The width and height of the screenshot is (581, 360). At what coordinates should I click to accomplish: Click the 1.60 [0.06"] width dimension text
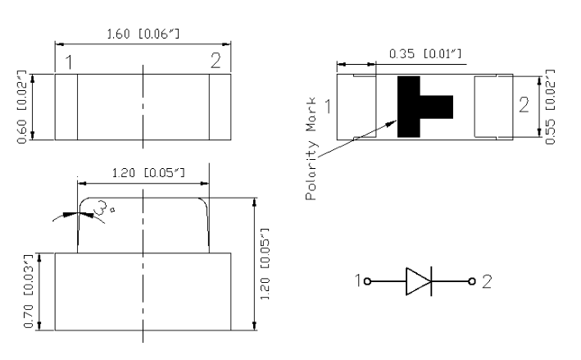tap(143, 34)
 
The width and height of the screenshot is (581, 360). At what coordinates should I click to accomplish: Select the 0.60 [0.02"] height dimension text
tap(22, 107)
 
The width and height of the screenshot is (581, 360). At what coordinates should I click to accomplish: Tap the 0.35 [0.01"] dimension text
tap(425, 54)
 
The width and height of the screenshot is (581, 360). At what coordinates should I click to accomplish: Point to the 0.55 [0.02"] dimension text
tap(550, 107)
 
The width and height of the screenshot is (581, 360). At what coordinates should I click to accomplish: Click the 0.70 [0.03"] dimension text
tap(29, 291)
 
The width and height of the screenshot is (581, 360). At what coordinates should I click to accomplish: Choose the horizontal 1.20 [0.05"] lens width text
tap(148, 172)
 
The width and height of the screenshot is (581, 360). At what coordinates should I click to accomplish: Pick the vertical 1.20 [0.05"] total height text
tap(265, 264)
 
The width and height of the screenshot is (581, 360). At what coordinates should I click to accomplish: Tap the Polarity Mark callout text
tap(311, 148)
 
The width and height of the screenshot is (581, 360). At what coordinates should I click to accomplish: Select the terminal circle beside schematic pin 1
tap(367, 281)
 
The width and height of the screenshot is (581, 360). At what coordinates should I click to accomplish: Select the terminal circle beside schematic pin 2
tap(472, 281)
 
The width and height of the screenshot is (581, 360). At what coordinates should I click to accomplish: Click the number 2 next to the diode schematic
tap(487, 282)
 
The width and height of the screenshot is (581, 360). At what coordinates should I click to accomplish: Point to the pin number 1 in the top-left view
tap(69, 62)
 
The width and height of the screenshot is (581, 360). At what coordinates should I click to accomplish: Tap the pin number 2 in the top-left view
tap(216, 61)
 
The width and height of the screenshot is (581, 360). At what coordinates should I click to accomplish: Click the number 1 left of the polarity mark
tap(328, 107)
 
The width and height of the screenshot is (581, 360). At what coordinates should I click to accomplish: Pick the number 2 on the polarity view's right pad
tap(524, 105)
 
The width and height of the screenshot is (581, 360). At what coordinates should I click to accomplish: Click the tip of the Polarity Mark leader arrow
tap(397, 121)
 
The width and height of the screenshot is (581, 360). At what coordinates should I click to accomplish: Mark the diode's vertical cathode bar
tap(431, 281)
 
